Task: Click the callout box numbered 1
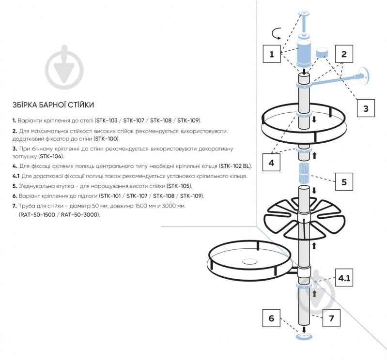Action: coord(272,54)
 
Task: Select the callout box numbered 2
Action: coord(344,54)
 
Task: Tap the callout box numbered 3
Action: coord(366,108)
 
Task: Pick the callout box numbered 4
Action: coord(271,162)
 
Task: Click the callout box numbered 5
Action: coord(344,181)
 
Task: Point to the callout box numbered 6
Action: coord(271,318)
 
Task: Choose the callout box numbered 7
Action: coord(331,318)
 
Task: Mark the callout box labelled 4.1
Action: coord(344,277)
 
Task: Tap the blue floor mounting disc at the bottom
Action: coord(304,336)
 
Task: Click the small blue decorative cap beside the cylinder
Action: coord(322,52)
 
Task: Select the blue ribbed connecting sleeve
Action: coord(304,173)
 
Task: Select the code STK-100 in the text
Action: coord(107,138)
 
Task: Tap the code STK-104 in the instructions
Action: coord(51,156)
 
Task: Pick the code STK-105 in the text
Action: coord(179,186)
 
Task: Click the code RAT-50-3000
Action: coord(79,214)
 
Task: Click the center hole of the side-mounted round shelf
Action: coord(250,261)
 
